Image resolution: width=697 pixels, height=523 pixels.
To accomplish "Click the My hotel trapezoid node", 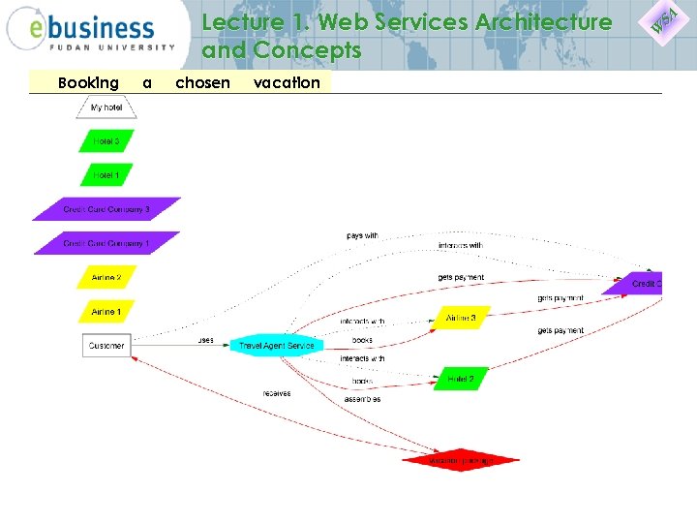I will [x=106, y=107].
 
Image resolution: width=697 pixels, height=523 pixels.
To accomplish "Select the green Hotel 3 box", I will [x=106, y=141].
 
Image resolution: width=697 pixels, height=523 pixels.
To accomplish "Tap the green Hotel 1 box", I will [x=106, y=175].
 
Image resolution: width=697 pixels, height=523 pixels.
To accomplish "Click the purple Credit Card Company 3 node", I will [x=106, y=209].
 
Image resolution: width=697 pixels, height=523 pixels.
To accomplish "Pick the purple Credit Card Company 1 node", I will [x=106, y=243].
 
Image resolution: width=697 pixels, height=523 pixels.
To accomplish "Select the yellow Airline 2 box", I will [x=106, y=278].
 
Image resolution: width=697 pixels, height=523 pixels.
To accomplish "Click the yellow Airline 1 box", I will [x=106, y=312].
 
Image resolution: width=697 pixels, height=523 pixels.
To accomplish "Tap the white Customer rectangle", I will [x=106, y=346].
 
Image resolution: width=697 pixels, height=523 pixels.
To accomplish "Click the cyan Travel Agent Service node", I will [x=276, y=346].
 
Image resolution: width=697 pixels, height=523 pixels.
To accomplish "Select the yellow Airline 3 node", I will [x=461, y=318].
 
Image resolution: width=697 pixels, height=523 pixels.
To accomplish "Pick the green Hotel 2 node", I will [x=461, y=379].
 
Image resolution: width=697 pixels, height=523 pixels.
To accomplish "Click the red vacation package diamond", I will [x=461, y=460].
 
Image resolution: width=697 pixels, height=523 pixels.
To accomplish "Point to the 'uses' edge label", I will [x=205, y=340].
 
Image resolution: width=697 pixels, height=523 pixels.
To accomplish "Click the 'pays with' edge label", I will [x=362, y=235].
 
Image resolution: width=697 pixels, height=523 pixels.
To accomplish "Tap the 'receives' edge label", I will [x=276, y=393].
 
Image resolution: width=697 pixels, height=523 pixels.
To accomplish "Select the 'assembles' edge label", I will [x=362, y=399].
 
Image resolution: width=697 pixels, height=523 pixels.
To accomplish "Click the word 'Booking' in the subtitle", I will [x=88, y=83].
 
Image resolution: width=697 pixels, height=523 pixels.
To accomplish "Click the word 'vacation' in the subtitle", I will [x=287, y=83].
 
